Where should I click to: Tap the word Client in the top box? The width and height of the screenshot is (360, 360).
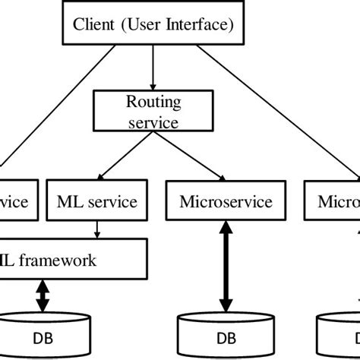92,24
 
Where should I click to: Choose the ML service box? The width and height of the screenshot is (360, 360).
97,202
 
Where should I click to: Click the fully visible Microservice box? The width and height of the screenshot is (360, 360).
215,202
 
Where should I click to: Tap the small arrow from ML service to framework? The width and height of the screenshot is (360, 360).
97,229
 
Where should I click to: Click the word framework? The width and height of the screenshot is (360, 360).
59,260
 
